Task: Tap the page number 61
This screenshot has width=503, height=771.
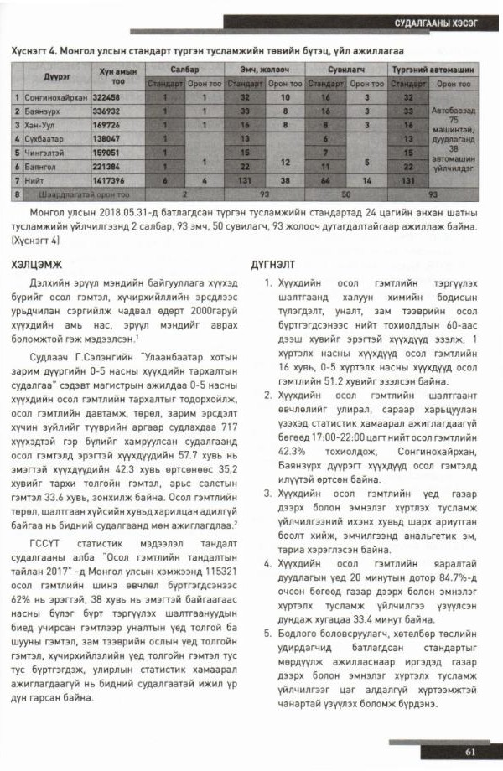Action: [471, 750]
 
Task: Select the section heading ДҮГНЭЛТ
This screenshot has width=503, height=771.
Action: [272, 266]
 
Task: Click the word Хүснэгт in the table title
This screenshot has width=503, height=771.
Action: [29, 50]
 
